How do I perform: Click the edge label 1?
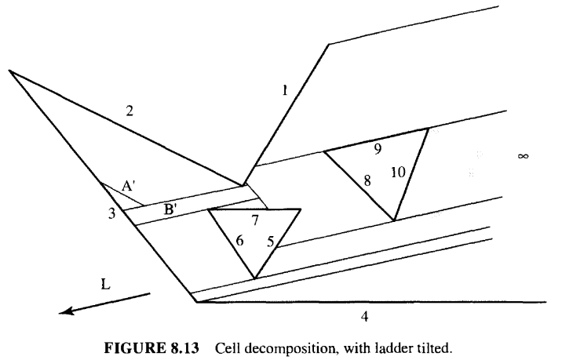pos(285,90)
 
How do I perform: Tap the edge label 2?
pos(130,111)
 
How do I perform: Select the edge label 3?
pos(112,213)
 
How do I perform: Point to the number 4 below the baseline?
pos(364,316)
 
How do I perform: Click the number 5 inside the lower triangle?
pos(271,242)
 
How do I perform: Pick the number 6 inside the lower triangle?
pos(239,240)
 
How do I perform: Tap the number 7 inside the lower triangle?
pos(255,220)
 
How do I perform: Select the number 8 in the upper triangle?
pos(367,181)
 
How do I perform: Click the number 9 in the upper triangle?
pos(378,149)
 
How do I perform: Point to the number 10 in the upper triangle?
pos(398,173)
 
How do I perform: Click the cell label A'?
pos(128,186)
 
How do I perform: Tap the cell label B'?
pos(170,209)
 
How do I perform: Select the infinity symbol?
pos(523,156)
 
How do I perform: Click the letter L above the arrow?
pos(105,285)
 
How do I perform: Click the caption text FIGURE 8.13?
pos(151,348)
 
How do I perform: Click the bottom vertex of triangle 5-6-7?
pos(254,278)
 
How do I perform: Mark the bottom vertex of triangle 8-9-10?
pos(394,220)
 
